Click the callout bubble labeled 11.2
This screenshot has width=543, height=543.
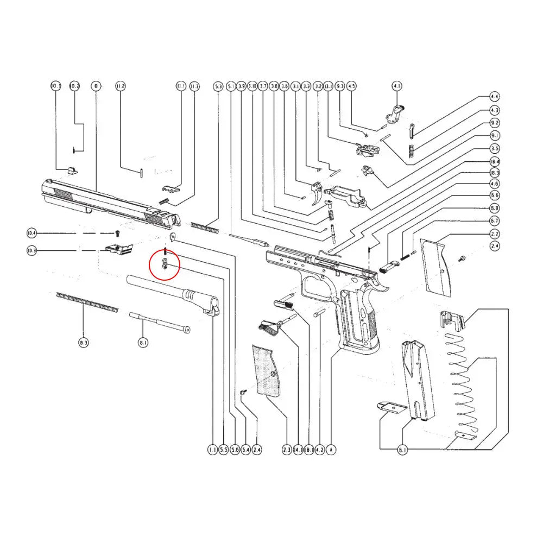[121, 86]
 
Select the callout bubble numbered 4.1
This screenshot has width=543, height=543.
[397, 86]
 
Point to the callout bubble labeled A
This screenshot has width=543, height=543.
[331, 450]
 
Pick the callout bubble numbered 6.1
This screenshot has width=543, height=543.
[402, 450]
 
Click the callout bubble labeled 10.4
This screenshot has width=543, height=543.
[32, 233]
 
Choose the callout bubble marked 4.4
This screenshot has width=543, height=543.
[494, 97]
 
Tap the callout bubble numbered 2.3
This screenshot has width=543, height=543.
[287, 450]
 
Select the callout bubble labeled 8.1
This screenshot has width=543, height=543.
[143, 343]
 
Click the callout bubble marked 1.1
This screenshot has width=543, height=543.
[212, 450]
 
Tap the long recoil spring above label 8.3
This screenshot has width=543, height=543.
[87, 302]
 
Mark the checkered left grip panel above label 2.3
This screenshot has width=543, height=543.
[266, 369]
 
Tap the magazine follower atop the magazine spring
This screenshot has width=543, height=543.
[452, 320]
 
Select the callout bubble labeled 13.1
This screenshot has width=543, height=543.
[328, 86]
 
